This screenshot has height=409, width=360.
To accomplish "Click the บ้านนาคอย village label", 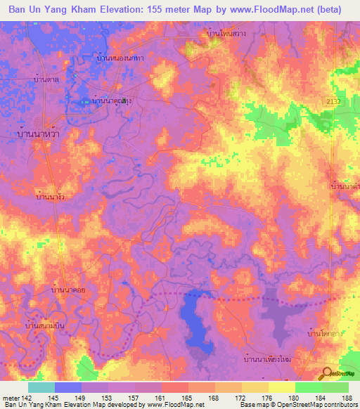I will pyautogui.click(x=69, y=289).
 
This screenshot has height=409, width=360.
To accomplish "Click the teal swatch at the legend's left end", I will pyautogui.click(x=41, y=387).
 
